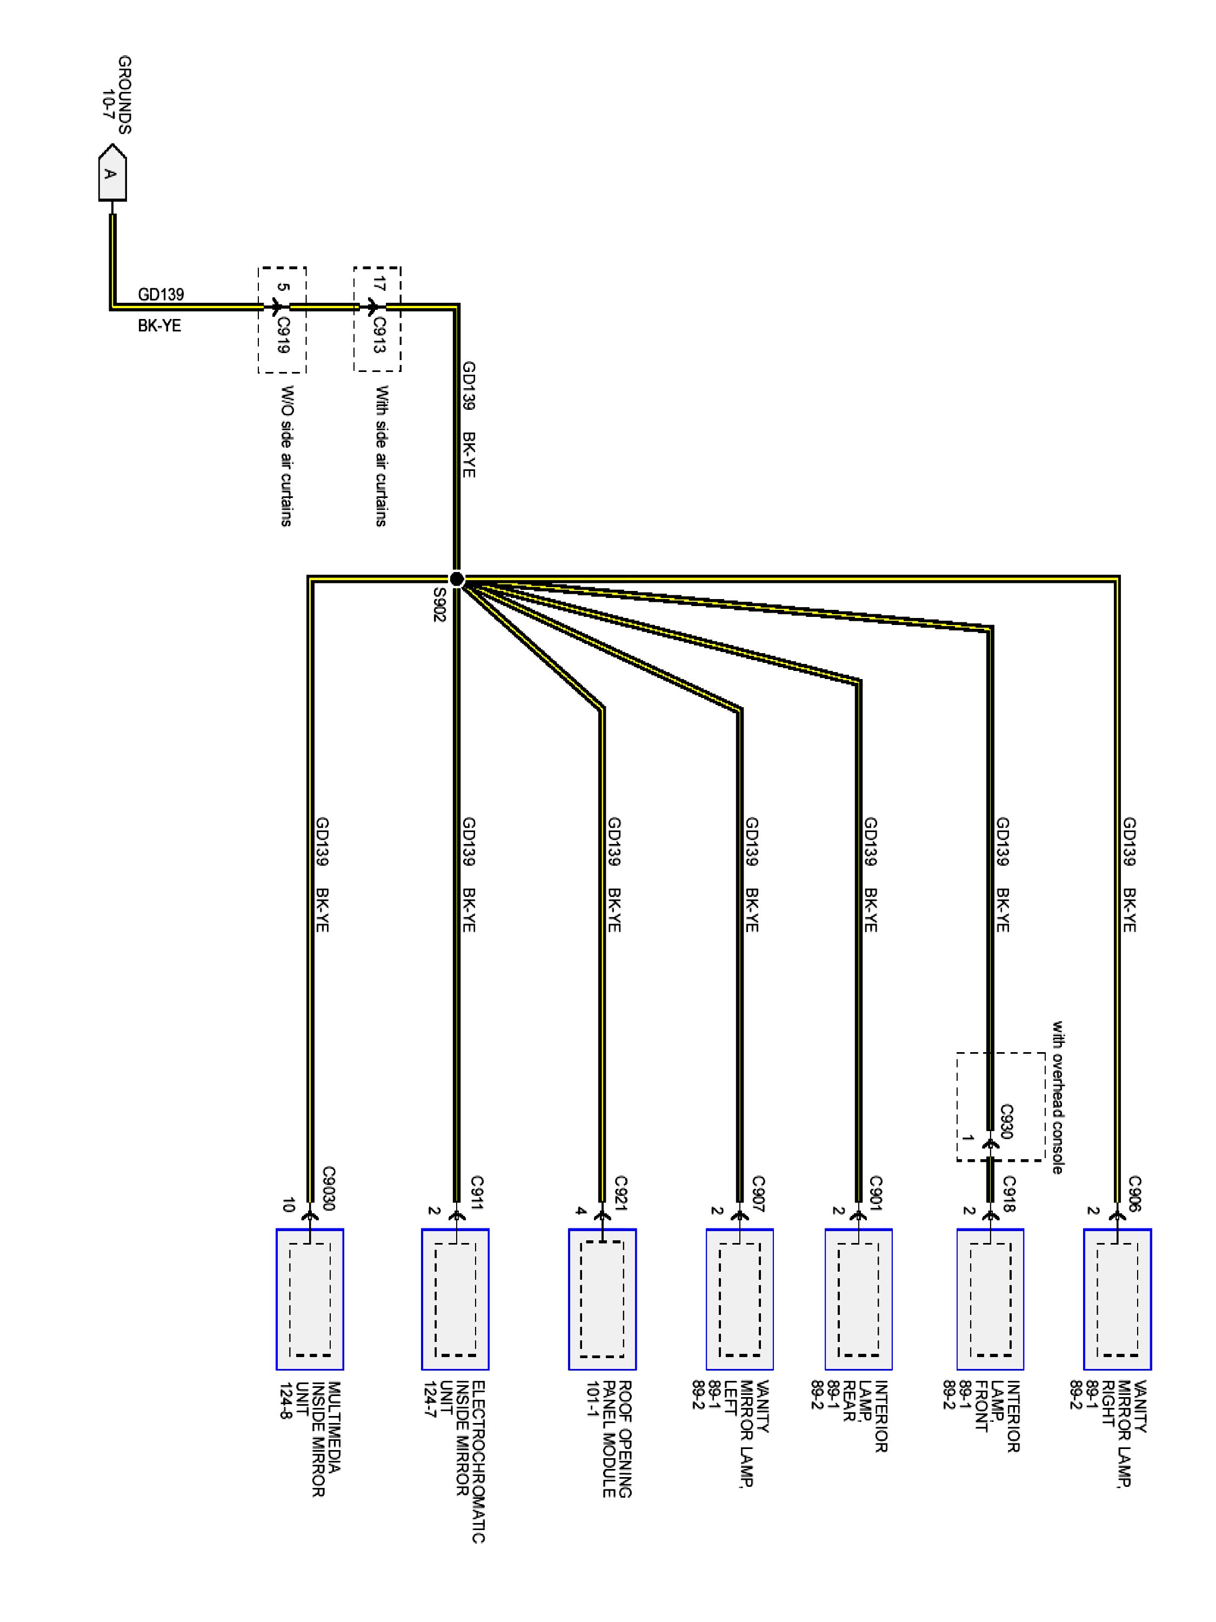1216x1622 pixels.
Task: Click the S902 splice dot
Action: point(457,579)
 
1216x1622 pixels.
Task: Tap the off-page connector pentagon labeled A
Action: point(111,173)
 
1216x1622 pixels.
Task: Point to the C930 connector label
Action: point(1006,1121)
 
